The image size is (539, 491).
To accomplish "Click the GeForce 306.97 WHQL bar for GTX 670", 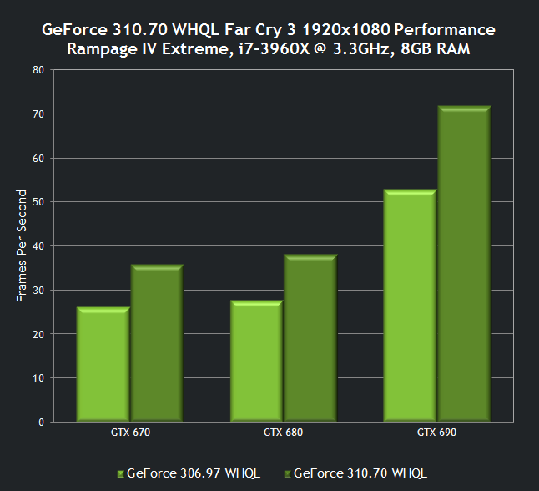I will [x=103, y=365].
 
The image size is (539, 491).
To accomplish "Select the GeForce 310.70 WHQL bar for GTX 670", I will [x=156, y=343].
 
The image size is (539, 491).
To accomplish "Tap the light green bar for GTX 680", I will [x=256, y=362].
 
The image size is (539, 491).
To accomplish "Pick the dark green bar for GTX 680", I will [x=310, y=338].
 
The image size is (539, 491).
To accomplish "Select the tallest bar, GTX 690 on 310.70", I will [x=463, y=264].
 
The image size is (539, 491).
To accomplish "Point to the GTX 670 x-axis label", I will [x=129, y=433].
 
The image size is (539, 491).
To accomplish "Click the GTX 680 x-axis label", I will [x=283, y=433].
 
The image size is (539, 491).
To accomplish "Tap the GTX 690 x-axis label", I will [x=436, y=433].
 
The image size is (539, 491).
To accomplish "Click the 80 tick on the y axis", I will [x=38, y=70].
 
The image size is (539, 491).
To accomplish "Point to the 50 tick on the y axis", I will [x=38, y=202].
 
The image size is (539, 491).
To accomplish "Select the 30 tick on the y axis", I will [x=38, y=290].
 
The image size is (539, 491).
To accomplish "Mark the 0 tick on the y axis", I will [x=41, y=422].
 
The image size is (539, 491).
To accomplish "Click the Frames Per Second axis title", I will [x=22, y=245].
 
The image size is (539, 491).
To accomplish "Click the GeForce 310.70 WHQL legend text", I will [x=360, y=473].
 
